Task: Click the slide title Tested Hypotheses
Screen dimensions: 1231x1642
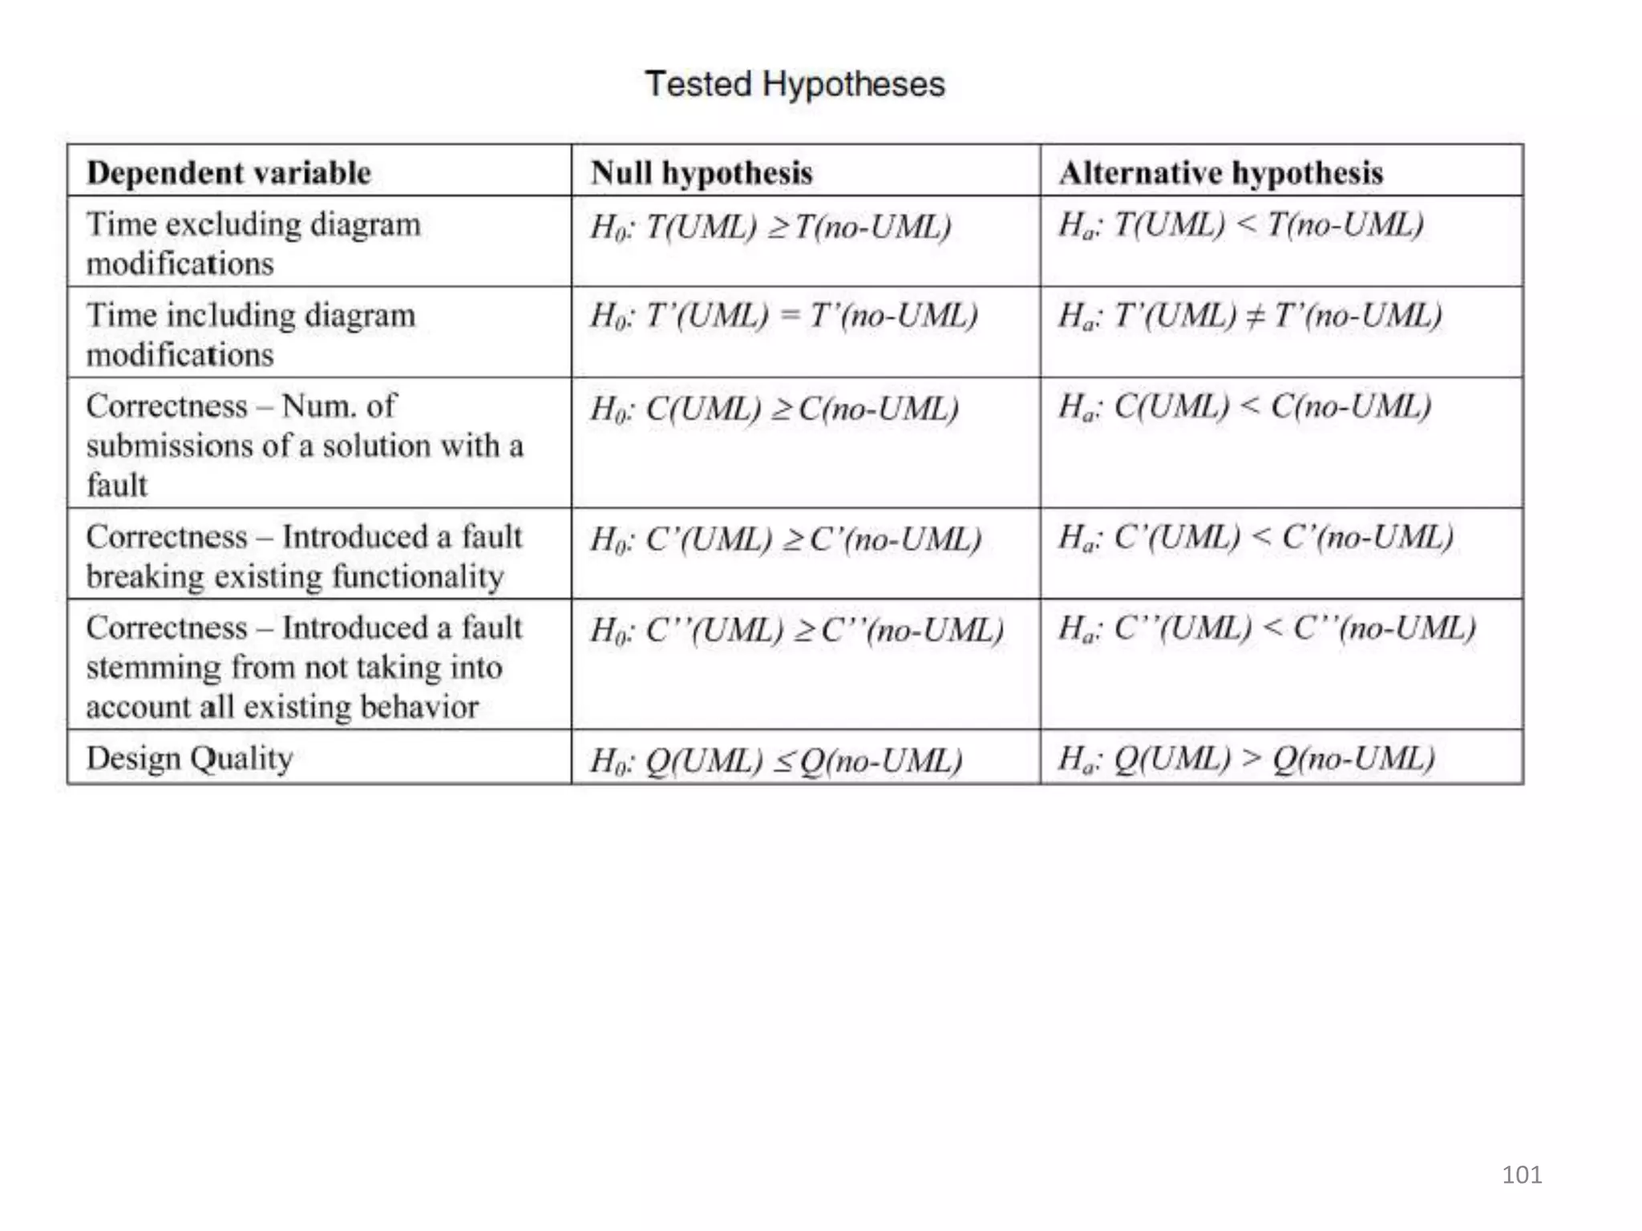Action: point(795,84)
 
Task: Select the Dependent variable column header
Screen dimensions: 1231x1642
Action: point(229,173)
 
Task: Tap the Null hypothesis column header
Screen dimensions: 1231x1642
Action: point(702,173)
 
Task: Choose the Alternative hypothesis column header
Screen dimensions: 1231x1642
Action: point(1220,173)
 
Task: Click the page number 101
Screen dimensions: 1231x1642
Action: point(1521,1175)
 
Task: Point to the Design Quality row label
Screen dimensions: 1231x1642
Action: point(189,758)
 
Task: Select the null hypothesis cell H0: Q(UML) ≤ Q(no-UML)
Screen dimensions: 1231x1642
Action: point(775,761)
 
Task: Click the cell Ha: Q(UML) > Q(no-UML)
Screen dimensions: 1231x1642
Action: point(1245,758)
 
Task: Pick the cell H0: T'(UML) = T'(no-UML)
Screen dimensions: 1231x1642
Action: point(783,316)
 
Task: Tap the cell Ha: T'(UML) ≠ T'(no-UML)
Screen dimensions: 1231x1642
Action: point(1249,316)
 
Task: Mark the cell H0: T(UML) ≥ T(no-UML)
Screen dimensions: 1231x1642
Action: point(770,227)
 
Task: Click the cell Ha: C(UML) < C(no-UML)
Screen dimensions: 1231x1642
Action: point(1244,407)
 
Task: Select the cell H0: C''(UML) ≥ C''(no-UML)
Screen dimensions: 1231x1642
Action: point(796,630)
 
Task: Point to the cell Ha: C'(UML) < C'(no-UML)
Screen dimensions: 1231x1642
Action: point(1255,537)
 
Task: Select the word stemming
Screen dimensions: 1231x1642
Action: point(152,668)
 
